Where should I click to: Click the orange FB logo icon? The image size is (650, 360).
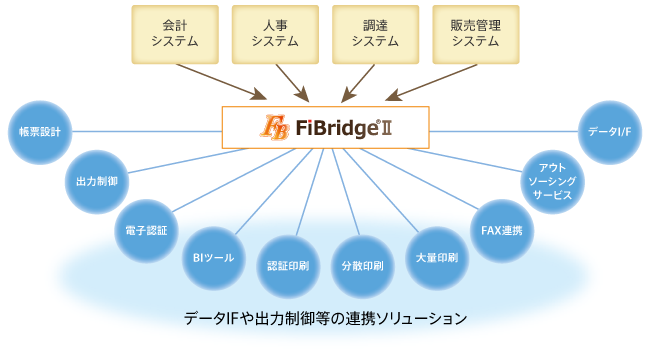coord(273,128)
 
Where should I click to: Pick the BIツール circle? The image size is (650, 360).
coord(212,257)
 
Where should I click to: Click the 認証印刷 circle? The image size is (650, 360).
coord(288,267)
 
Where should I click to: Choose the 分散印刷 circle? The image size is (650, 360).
coord(362,267)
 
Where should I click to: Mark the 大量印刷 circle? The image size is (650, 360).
coord(436,257)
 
